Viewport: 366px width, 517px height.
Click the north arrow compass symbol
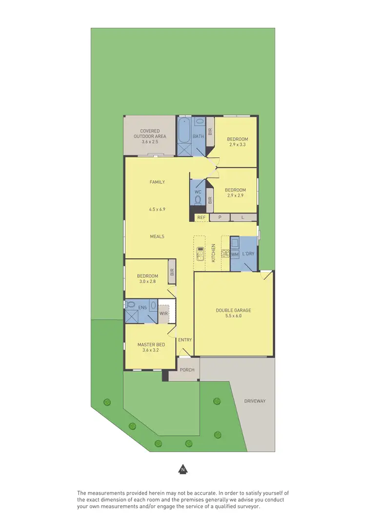pos(183,469)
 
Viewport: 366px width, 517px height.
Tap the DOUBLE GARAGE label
pos(233,310)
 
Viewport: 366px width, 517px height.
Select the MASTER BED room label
pos(151,344)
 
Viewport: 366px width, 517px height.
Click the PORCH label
pos(187,370)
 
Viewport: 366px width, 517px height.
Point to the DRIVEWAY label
pos(255,401)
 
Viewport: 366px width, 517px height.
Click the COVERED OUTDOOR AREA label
pos(150,134)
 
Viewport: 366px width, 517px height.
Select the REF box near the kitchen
pos(201,218)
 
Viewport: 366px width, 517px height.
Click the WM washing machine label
pos(235,254)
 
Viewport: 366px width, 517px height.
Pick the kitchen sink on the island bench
pos(201,253)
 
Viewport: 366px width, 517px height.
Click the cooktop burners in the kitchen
pos(225,253)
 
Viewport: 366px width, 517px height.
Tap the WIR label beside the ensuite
pos(164,313)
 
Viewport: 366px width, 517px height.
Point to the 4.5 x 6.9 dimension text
pos(157,209)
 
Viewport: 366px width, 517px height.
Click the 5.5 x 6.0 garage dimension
pos(233,316)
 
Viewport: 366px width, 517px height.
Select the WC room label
pos(198,192)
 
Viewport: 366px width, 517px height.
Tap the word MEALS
pos(157,237)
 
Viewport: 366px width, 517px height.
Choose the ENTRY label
pos(185,340)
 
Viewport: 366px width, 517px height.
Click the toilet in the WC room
pos(198,200)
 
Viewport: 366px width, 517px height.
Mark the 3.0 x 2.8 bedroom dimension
pos(147,281)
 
